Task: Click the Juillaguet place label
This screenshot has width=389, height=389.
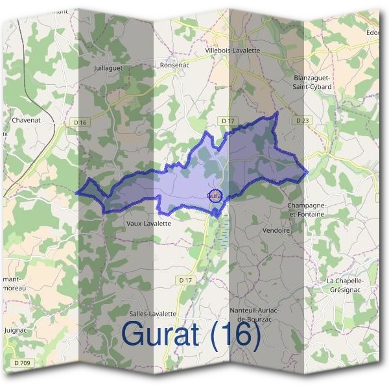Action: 108,67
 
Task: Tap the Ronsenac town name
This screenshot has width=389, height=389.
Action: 174,65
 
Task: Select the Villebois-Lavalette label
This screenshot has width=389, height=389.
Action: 232,50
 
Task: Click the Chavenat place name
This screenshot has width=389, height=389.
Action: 25,120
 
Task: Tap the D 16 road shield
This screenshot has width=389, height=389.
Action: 80,123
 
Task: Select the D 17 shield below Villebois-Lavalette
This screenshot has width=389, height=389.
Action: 227,121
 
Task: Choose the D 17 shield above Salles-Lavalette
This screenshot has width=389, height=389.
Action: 185,279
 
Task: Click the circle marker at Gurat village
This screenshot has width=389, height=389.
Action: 216,194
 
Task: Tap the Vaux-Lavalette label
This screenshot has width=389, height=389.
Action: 148,224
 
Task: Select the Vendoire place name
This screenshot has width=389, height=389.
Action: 276,230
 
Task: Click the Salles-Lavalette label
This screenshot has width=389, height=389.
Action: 153,313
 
